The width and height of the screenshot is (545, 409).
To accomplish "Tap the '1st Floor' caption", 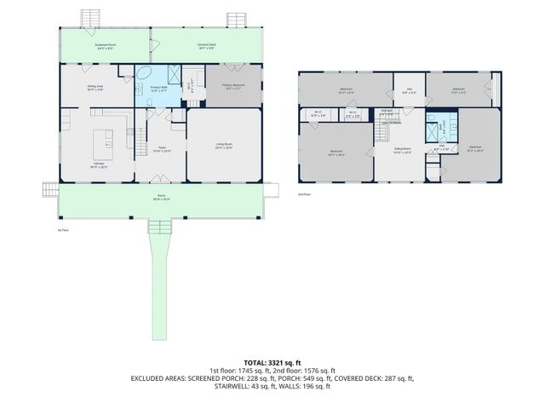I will coord(61,229).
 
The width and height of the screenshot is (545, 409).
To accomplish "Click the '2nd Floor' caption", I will coord(304,195).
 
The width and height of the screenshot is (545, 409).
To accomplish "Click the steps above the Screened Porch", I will coord(90,19).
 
